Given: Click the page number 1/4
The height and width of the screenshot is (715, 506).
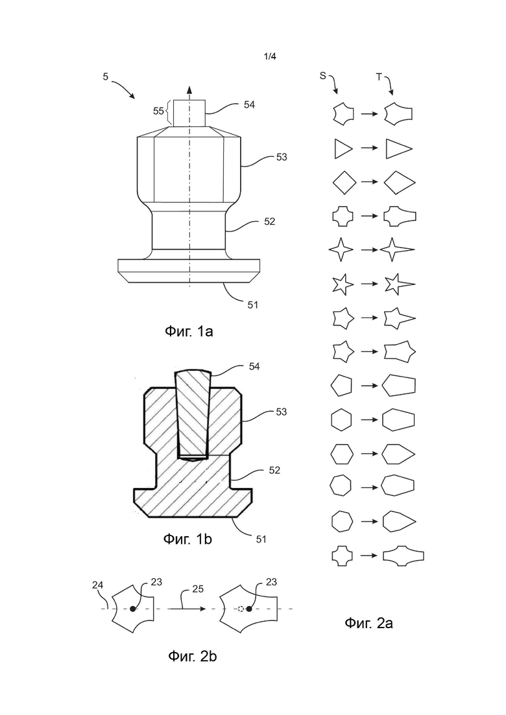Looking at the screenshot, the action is click(270, 56).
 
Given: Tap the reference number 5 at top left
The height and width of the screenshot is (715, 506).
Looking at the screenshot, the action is click(105, 76).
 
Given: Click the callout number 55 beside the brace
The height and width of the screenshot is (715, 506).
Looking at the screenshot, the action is click(158, 111).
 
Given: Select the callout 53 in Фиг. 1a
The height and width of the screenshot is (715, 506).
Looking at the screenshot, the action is click(282, 157).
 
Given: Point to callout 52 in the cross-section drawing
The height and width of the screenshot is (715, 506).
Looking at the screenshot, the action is click(274, 470).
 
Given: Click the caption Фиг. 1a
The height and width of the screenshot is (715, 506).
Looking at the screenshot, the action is click(188, 331).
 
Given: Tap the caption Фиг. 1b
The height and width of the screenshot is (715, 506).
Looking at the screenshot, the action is click(187, 539).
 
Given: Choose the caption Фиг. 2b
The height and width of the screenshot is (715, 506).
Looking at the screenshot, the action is click(192, 657).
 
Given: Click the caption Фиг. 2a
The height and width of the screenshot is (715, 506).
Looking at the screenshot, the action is click(368, 622).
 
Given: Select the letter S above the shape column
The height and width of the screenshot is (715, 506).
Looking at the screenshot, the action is click(322, 76).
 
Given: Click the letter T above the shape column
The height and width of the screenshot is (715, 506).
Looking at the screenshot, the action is click(378, 77).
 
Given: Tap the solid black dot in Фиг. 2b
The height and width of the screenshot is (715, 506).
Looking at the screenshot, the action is click(133, 609).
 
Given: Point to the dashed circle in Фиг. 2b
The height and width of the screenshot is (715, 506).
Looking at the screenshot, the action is click(241, 609).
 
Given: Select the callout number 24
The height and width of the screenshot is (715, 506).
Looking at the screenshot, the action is click(98, 585).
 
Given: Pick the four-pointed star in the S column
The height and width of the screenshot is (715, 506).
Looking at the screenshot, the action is click(341, 250).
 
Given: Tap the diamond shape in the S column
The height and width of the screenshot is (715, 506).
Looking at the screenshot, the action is click(344, 182).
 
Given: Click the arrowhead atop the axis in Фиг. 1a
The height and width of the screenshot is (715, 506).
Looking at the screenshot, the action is click(190, 89).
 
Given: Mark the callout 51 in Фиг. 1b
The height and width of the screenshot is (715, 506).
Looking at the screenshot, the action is click(261, 539).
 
